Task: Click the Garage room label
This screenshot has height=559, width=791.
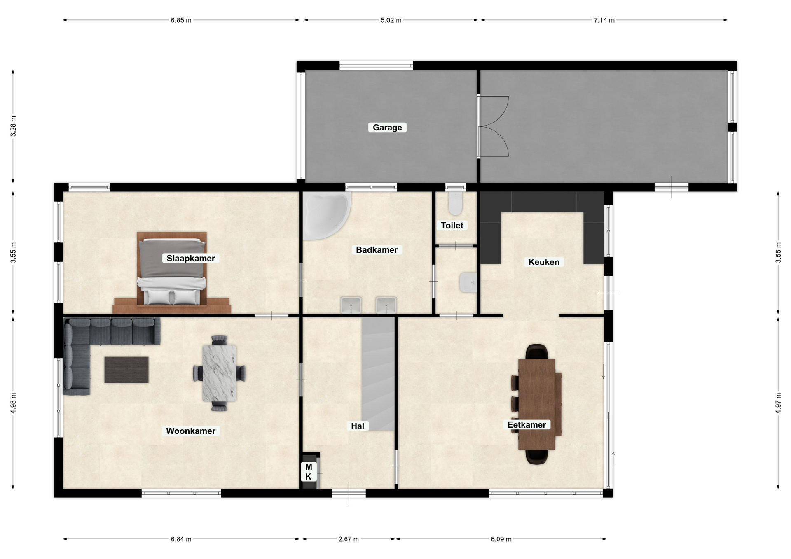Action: (387, 128)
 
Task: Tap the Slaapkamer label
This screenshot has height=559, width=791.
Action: (191, 259)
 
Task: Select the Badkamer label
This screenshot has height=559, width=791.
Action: (377, 250)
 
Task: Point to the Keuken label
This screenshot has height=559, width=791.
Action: (544, 262)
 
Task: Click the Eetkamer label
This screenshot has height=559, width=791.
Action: (527, 425)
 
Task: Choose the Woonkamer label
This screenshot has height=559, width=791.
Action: (191, 431)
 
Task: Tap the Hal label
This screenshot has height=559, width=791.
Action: (358, 426)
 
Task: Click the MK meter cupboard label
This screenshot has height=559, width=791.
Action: (309, 472)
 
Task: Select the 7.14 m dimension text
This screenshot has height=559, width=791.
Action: (604, 20)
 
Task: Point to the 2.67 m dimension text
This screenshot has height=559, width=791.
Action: (349, 539)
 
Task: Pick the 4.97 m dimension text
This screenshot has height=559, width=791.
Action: (778, 403)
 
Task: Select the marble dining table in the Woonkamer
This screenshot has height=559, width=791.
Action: (219, 373)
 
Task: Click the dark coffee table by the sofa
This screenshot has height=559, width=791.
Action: (126, 370)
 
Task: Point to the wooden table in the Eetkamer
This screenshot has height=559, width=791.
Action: (537, 404)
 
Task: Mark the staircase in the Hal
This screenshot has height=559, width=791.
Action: (378, 374)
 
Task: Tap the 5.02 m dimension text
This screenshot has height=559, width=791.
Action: (391, 20)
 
